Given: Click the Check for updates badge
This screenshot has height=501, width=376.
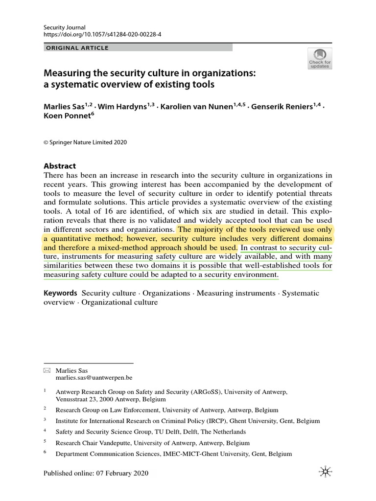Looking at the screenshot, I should (x=320, y=58).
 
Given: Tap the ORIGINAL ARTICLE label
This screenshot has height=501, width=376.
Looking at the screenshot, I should (x=77, y=48).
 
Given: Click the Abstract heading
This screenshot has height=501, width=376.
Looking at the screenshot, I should (x=60, y=166).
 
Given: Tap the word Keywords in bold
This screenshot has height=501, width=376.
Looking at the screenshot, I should (x=61, y=293).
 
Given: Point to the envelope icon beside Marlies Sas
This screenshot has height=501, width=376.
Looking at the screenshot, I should (x=47, y=370).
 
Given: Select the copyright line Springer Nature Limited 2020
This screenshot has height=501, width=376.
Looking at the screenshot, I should (x=85, y=142).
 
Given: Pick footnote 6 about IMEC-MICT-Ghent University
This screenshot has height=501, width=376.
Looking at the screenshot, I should (x=173, y=454).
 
